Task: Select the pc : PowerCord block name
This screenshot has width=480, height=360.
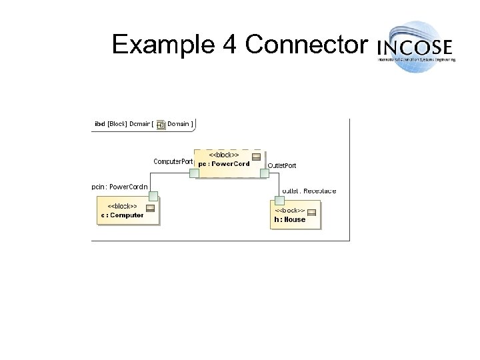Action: pos(223,165)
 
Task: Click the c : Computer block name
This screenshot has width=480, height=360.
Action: pos(123,215)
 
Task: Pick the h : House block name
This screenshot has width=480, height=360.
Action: pos(289,219)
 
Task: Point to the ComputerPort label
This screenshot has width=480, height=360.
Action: pos(173,161)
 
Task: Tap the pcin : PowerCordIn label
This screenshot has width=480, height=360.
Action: pos(120,187)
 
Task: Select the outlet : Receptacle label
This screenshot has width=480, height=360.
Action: pos(309,191)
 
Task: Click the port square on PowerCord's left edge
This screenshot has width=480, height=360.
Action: pos(193,173)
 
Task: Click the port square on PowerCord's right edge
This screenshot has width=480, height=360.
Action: pos(265,173)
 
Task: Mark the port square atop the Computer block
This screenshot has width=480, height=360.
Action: pos(153,196)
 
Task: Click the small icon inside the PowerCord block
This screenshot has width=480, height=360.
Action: pos(256,157)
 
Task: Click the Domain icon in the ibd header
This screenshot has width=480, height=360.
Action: pos(160,124)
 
